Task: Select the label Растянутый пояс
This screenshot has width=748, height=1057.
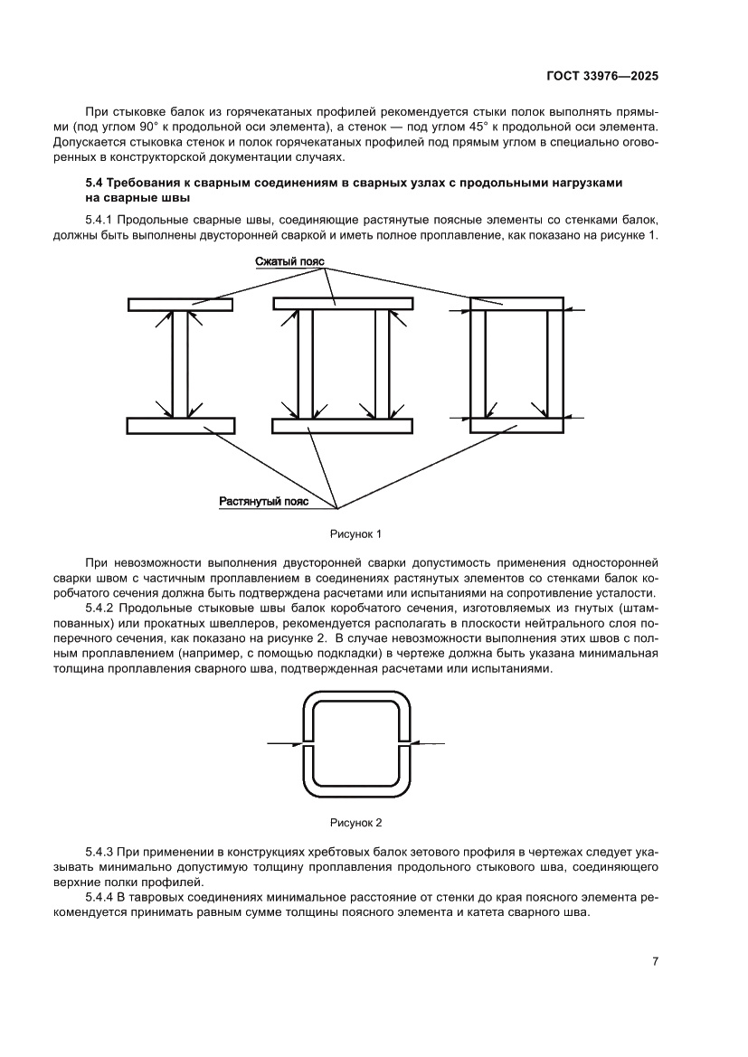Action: tap(264, 500)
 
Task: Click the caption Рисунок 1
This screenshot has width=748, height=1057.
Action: tap(360, 533)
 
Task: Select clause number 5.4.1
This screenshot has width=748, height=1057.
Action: tap(100, 220)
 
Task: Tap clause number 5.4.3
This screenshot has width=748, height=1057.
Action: tap(100, 852)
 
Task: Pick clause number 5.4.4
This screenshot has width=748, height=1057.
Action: tap(100, 897)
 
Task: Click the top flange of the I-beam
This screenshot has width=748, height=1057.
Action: tap(181, 305)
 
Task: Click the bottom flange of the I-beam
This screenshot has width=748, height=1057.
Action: tap(181, 425)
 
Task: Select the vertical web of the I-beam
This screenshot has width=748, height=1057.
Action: tap(181, 364)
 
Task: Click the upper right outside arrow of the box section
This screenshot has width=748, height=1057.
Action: tap(576, 310)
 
